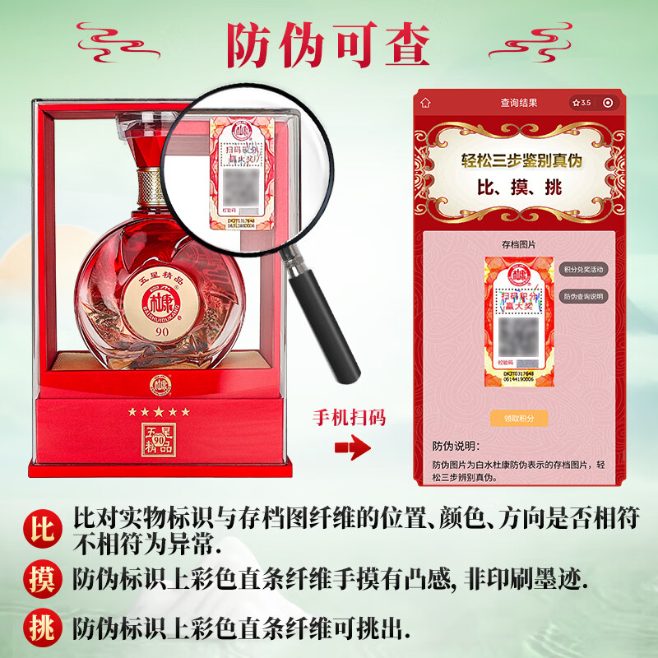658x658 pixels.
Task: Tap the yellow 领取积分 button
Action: [x=518, y=418]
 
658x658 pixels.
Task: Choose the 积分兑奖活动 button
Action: [x=583, y=270]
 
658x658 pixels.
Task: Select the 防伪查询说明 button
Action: [x=583, y=296]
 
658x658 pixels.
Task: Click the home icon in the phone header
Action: [x=425, y=103]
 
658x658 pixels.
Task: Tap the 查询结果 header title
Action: [x=518, y=103]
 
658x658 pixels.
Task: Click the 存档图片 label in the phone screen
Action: [x=518, y=244]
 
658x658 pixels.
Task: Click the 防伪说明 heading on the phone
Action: [x=455, y=447]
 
